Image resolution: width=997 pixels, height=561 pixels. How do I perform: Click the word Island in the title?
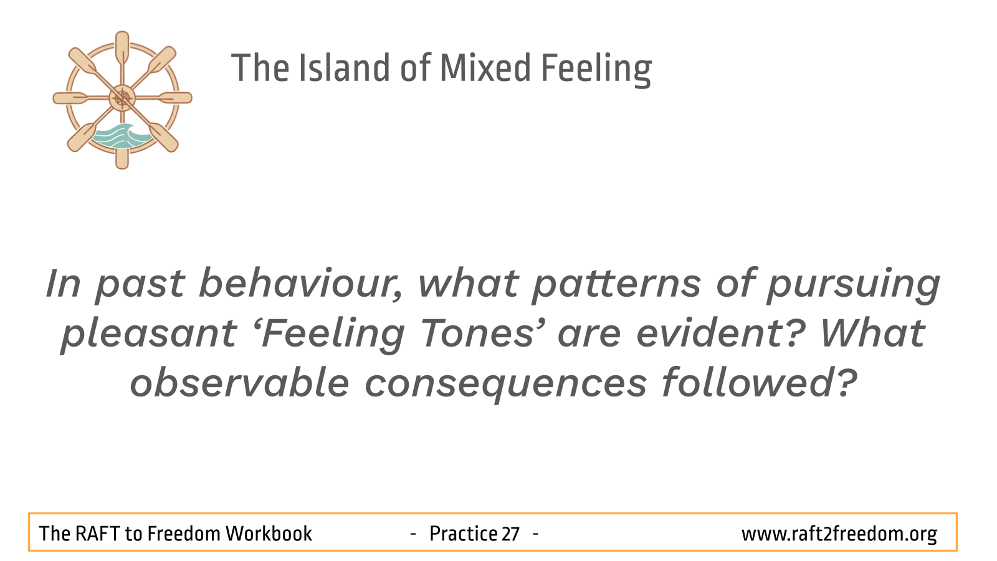pos(343,68)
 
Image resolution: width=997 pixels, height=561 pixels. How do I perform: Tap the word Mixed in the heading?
pos(485,68)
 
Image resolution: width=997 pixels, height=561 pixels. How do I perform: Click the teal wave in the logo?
pos(119,137)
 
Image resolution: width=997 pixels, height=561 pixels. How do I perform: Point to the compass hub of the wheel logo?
pos(122,98)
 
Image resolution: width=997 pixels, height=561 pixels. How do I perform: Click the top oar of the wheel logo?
pos(122,49)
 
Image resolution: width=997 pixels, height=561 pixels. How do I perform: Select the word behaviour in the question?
pos(301,283)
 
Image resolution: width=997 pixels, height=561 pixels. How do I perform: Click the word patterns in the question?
pos(617,284)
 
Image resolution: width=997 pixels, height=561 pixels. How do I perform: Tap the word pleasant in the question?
pos(149,335)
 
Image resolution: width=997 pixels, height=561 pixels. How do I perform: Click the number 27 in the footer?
pos(510,534)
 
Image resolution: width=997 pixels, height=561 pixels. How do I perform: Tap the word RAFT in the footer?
pos(97,534)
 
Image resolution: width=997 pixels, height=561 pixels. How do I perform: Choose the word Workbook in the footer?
pos(269,534)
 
